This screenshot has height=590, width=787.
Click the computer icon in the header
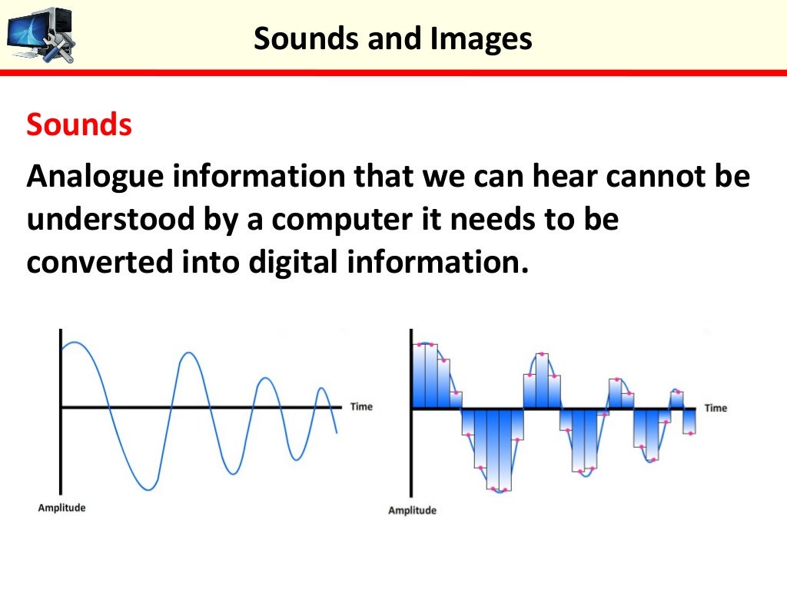tap(40, 35)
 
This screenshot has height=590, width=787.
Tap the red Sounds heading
tap(79, 125)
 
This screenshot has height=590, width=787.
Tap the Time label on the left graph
tap(361, 406)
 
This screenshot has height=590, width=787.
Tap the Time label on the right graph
tap(715, 408)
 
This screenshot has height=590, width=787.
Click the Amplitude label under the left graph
tap(61, 508)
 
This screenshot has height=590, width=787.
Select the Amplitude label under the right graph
tap(412, 511)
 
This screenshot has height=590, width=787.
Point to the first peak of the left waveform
tap(70, 343)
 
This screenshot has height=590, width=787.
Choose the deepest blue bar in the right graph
tap(503, 449)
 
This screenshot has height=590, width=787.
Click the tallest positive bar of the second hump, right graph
tap(542, 381)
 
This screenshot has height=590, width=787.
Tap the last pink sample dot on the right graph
tap(691, 434)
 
